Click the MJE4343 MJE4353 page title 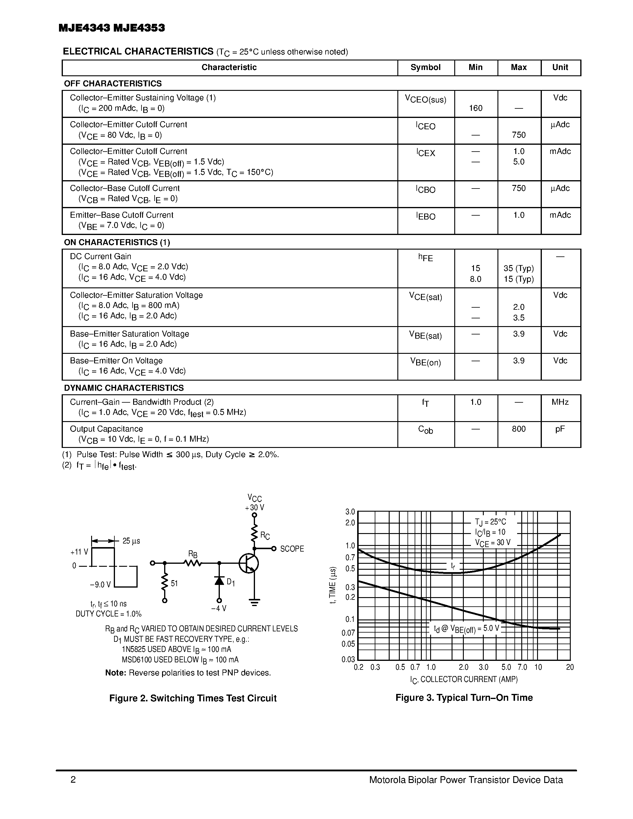coord(111,28)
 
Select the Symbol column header coord(425,68)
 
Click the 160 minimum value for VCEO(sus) coord(475,108)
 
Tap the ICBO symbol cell coord(426,189)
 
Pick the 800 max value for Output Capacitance coord(519,429)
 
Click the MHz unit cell coord(560,402)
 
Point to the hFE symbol coord(426,258)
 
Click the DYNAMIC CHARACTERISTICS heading coord(124,388)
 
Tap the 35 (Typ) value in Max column coord(519,269)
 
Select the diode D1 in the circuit coord(219,581)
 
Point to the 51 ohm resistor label coord(174,583)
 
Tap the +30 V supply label coord(255,508)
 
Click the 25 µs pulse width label coord(131,541)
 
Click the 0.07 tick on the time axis coord(348,633)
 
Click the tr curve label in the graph coord(453,566)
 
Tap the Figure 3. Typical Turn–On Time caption coord(464,698)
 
